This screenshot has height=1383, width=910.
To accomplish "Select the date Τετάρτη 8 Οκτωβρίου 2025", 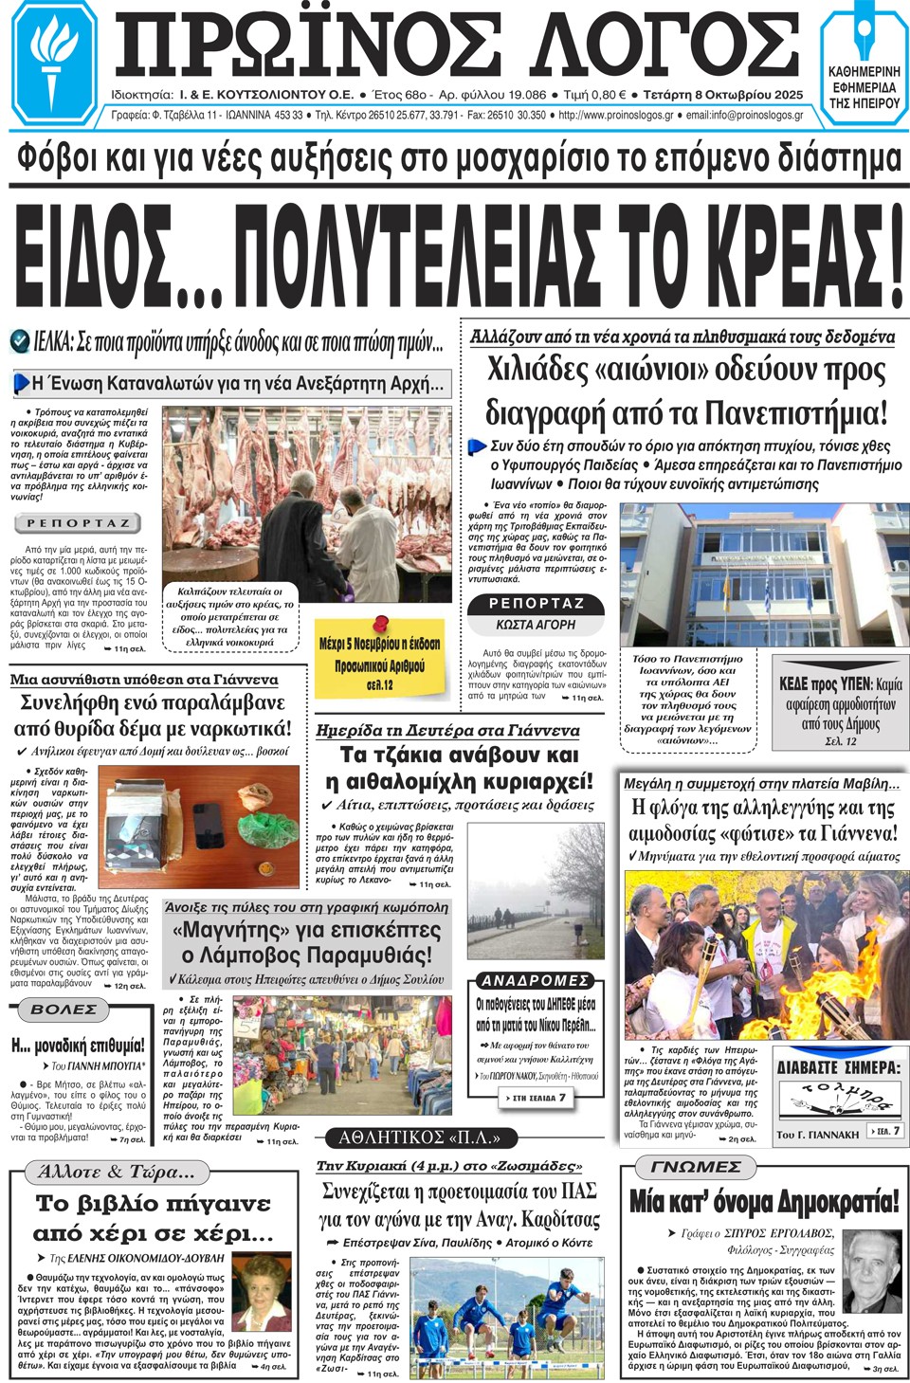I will coord(722,95).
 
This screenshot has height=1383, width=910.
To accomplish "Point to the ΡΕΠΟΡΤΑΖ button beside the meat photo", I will coord(78,523).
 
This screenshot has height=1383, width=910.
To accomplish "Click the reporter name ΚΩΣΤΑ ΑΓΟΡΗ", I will coord(536,625).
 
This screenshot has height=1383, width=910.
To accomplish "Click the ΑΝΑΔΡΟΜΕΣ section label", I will coord(535,980).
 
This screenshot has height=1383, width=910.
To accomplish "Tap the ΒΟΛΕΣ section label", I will coord(64,1010).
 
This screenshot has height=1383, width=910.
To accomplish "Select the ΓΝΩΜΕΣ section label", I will coord(695,1167).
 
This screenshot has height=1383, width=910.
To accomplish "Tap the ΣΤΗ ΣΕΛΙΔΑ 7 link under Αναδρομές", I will coord(538,1098).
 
